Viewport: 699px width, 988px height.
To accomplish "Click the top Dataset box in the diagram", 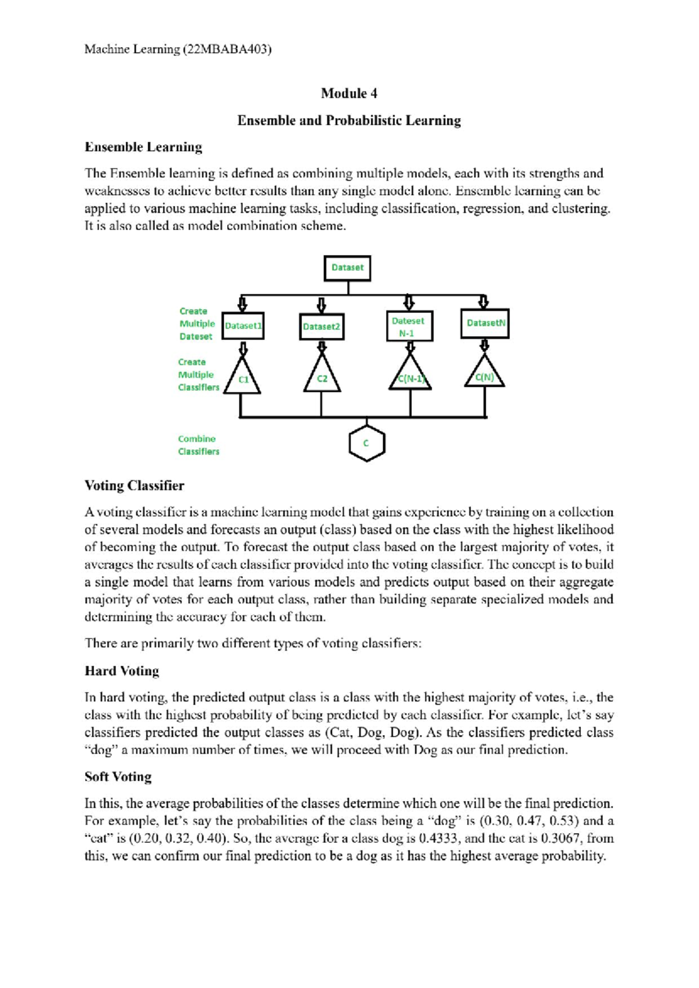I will click(x=347, y=267).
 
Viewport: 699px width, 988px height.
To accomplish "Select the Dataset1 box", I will click(x=243, y=326).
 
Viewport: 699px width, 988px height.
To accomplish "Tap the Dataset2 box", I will click(x=321, y=326).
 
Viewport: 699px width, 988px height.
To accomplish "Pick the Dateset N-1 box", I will click(x=409, y=326).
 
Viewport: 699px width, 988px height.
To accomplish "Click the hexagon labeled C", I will click(x=366, y=443).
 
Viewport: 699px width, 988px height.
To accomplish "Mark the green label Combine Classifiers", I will click(x=199, y=445).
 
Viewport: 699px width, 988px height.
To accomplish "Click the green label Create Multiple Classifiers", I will click(x=198, y=375).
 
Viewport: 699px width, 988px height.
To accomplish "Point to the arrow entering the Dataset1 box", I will click(x=243, y=304).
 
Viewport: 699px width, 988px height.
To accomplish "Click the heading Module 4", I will click(x=349, y=93).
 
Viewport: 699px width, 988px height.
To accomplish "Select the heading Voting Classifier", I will click(x=134, y=485).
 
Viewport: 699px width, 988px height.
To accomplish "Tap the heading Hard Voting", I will click(x=122, y=671).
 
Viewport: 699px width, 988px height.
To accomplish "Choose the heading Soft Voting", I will click(x=118, y=777).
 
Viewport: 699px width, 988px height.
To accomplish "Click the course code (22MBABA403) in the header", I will click(x=227, y=49).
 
